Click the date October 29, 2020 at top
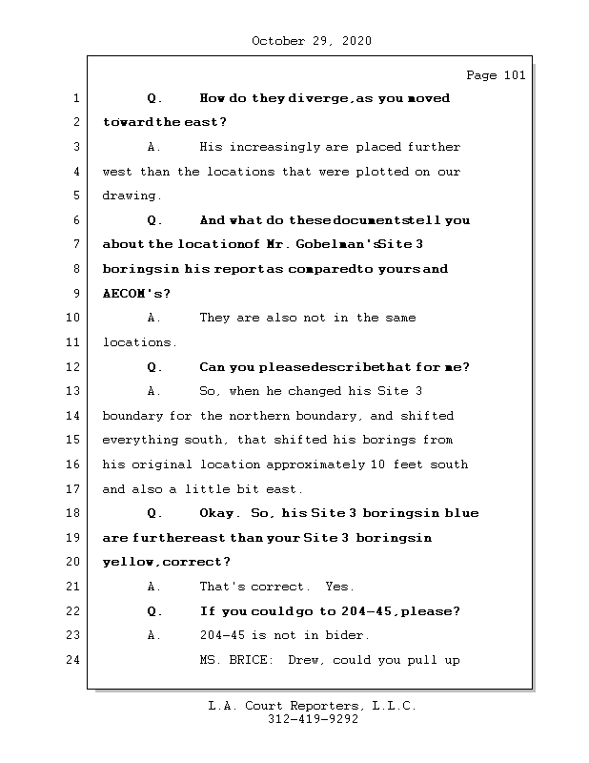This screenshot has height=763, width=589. tap(311, 41)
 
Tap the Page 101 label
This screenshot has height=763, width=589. tap(496, 76)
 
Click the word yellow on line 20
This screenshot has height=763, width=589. tap(125, 563)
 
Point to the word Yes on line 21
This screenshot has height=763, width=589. tap(338, 587)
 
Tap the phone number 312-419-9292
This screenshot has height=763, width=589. tap(313, 720)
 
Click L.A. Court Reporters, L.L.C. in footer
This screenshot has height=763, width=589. tap(313, 707)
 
